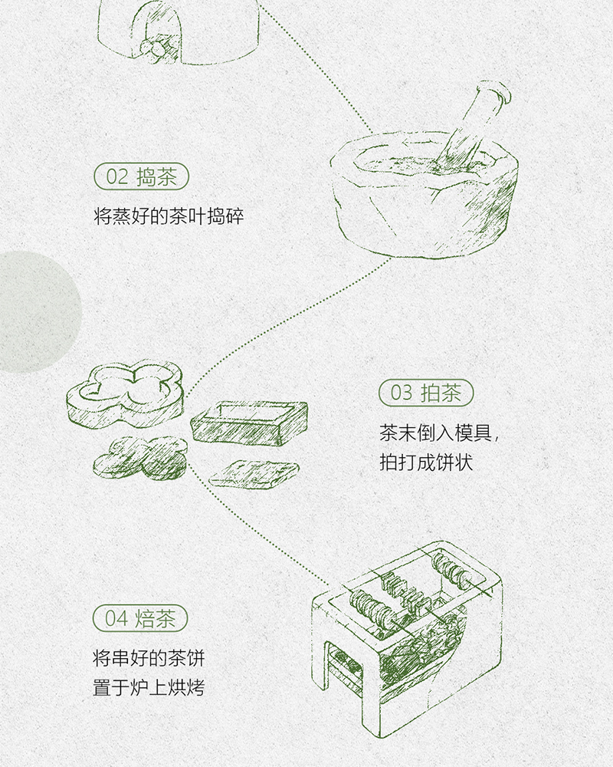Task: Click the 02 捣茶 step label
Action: (141, 176)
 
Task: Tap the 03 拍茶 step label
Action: (426, 393)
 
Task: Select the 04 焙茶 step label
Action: (140, 618)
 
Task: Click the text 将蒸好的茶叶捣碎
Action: (169, 216)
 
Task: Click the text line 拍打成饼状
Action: (426, 463)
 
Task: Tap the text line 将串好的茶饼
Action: (149, 658)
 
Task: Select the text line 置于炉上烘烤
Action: (149, 688)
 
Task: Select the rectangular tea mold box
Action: (249, 422)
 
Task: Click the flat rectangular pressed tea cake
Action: (254, 473)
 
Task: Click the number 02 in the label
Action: (116, 177)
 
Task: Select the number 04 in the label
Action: (116, 619)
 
